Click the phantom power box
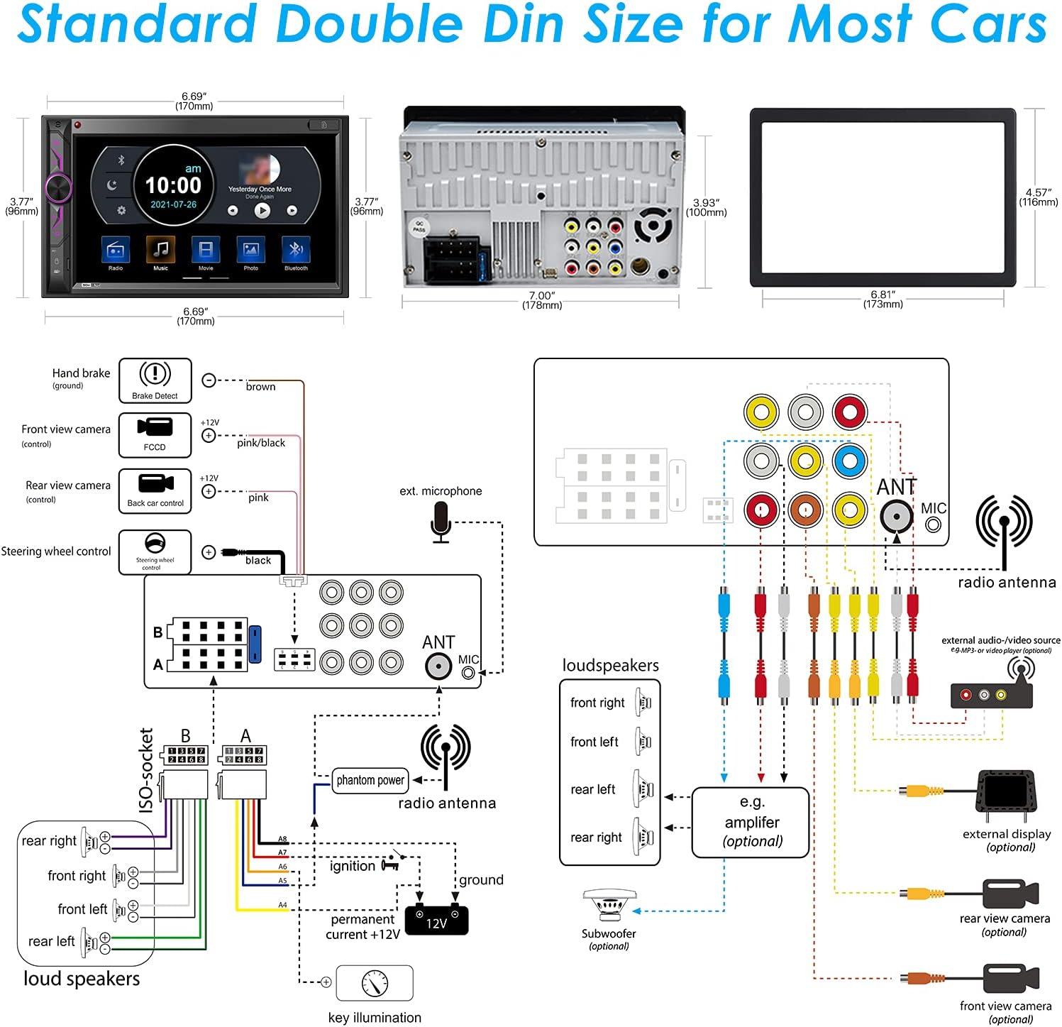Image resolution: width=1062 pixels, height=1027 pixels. (x=370, y=780)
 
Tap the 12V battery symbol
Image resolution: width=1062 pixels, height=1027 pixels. (x=436, y=921)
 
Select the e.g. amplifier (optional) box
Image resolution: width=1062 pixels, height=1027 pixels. (x=751, y=822)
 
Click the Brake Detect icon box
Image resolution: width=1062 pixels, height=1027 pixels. (x=155, y=380)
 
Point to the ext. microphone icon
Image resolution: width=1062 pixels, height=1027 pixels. (x=441, y=522)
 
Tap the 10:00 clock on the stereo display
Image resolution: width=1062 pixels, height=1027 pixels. (x=173, y=185)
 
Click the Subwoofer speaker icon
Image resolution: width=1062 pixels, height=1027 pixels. (x=609, y=906)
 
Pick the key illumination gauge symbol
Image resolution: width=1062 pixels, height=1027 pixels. (x=375, y=983)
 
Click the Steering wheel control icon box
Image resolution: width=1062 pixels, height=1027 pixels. (x=155, y=551)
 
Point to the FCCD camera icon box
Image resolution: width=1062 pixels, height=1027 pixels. (x=155, y=434)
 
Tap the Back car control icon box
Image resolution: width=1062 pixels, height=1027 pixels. (x=155, y=490)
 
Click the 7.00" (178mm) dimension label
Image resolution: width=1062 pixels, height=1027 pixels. (x=542, y=300)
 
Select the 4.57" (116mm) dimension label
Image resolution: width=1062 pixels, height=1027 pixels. (x=1039, y=197)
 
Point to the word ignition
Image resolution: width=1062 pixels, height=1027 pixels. (x=353, y=867)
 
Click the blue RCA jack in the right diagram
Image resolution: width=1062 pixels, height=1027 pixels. (x=850, y=461)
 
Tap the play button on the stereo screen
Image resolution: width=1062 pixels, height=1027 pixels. (x=262, y=210)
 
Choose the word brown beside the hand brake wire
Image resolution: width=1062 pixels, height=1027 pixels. (x=260, y=387)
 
